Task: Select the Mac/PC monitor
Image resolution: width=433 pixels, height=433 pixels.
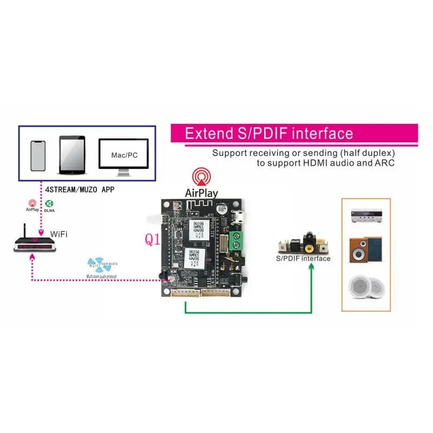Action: [x=124, y=156]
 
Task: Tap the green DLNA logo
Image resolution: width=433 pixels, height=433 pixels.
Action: [x=49, y=204]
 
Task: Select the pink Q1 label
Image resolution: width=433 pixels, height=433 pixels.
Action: [x=152, y=239]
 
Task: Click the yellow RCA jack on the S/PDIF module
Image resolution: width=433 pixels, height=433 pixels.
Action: [x=308, y=248]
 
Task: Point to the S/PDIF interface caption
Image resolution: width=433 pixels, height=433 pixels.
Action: [x=303, y=258]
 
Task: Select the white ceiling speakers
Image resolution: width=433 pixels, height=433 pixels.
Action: [x=365, y=288]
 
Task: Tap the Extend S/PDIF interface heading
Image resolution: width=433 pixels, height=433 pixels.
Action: [x=269, y=134]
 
